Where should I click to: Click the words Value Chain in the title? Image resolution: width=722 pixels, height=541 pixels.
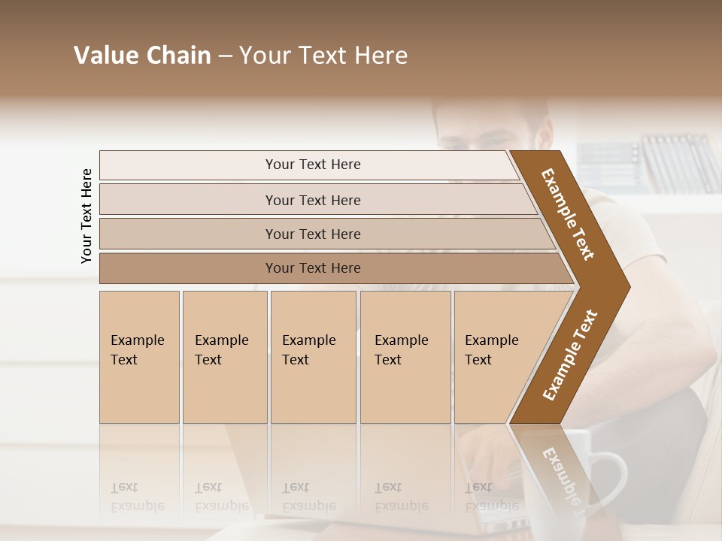[x=142, y=56]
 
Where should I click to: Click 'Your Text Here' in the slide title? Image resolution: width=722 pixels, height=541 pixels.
[x=323, y=56]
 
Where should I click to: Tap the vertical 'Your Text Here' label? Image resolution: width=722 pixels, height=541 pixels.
[x=86, y=216]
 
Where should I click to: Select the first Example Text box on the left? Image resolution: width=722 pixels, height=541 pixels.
[x=139, y=357]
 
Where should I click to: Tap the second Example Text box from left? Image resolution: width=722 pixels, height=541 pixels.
[x=224, y=357]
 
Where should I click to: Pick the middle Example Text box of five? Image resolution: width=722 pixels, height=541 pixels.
[x=313, y=357]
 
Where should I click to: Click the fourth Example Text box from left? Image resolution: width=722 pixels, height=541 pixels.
[x=405, y=357]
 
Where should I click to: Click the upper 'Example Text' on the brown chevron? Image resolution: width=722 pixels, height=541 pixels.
[x=569, y=214]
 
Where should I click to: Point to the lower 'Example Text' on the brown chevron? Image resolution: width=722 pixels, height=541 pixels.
[x=570, y=355]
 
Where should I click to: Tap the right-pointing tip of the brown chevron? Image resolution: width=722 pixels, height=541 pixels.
[x=626, y=286]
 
